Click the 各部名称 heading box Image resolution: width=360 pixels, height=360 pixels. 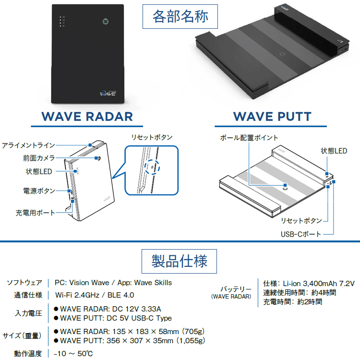coord(180,16)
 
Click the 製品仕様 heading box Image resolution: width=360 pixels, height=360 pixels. coord(179,261)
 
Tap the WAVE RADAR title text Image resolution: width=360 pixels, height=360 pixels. coord(87,117)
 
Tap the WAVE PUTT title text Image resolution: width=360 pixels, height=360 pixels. coord(272,117)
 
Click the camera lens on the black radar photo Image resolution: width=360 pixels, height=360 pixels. coord(106,22)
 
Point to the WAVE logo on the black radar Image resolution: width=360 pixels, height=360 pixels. coord(108,93)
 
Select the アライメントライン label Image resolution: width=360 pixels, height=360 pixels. coord(28,145)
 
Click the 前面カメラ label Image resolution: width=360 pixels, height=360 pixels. coord(39,158)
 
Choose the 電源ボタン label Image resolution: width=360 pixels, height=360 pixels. coord(39,191)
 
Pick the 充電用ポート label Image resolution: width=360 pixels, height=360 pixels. coord(36,213)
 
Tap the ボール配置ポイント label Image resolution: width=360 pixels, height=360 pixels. coord(249,138)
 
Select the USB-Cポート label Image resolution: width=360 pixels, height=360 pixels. coord(301,234)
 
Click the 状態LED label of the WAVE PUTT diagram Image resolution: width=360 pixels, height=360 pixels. coord(334,151)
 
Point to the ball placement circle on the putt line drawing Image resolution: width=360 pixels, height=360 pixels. coord(285,188)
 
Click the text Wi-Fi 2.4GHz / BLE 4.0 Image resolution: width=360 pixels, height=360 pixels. coord(95,295)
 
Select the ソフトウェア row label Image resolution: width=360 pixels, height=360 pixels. coord(24,283)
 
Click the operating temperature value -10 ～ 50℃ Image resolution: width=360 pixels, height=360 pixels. coord(73,354)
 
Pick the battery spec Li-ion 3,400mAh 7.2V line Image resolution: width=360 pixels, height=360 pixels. coord(309,284)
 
